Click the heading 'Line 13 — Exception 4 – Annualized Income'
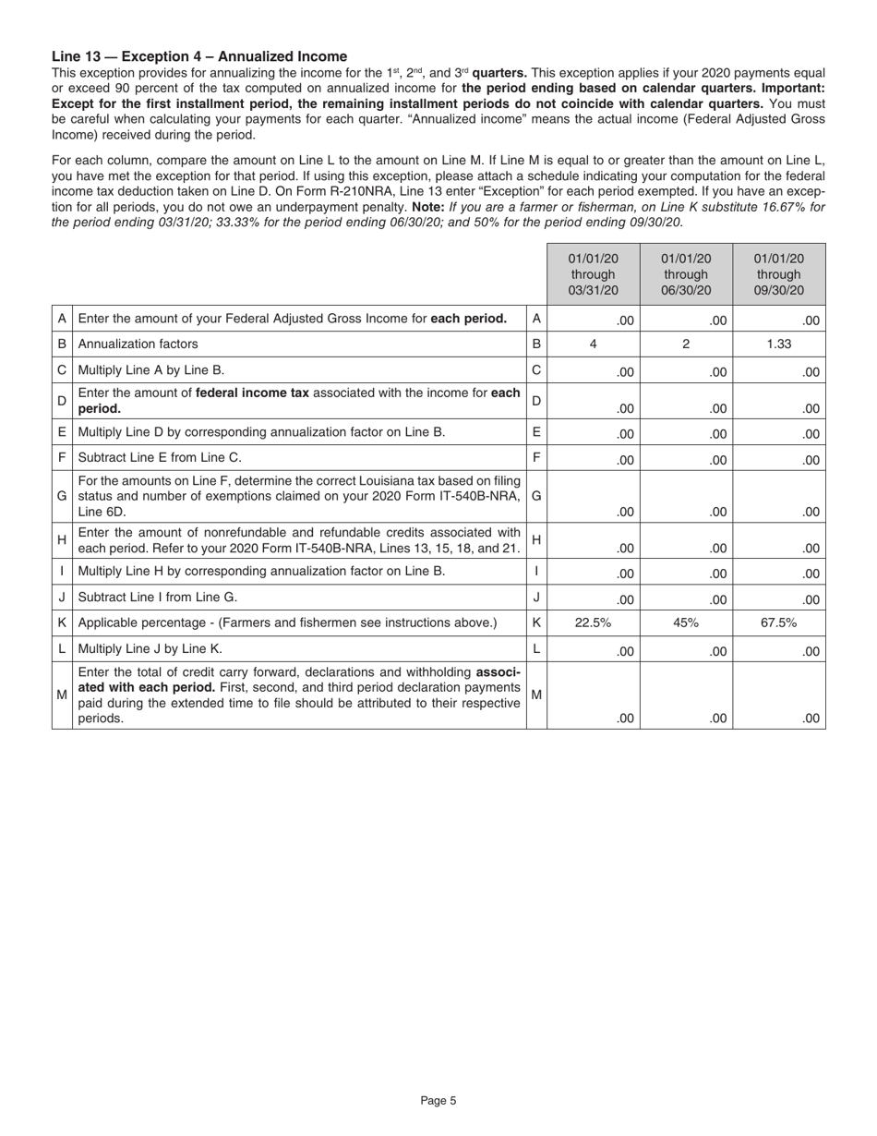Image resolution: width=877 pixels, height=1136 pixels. [199, 56]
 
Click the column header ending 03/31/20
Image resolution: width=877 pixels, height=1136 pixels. [593, 274]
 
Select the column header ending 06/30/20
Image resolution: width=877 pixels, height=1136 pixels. [686, 274]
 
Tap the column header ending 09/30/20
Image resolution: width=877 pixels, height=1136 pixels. [779, 274]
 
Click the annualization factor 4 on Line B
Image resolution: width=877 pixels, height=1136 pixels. [593, 344]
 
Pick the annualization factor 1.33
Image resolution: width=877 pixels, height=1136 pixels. [779, 344]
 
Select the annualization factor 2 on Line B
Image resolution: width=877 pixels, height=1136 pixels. [686, 344]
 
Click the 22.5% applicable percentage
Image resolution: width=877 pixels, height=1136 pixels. [593, 622]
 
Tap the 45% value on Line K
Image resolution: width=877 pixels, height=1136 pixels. [686, 622]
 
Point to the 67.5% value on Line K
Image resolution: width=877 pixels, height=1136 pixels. [779, 622]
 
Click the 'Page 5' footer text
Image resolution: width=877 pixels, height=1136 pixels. [438, 1100]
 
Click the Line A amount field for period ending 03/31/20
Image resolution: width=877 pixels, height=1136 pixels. [593, 320]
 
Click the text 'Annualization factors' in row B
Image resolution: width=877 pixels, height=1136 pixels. [138, 344]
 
